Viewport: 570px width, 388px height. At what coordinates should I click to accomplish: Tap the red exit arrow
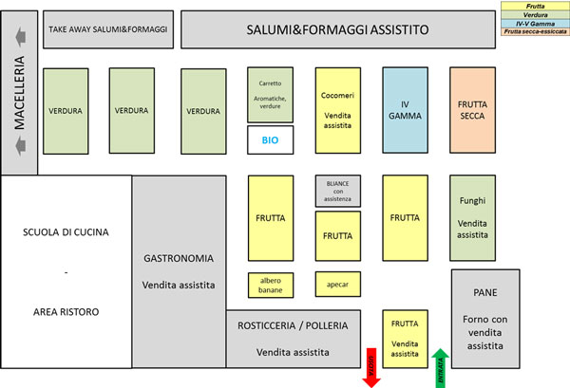click(x=371, y=368)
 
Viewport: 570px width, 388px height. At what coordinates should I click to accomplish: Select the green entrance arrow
click(x=440, y=367)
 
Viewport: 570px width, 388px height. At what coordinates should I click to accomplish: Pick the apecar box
click(x=338, y=284)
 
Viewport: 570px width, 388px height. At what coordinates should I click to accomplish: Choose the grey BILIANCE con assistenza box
click(x=338, y=191)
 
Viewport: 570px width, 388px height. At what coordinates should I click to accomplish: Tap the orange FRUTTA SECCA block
click(x=472, y=107)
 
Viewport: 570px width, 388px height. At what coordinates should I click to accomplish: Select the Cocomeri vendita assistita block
click(x=338, y=107)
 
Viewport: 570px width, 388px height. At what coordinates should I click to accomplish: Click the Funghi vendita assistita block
click(x=472, y=217)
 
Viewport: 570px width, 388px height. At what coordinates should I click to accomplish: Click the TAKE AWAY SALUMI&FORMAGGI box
click(x=107, y=30)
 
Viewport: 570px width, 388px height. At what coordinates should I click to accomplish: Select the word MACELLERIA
click(x=18, y=94)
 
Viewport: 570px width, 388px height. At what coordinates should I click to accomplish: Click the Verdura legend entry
click(x=535, y=15)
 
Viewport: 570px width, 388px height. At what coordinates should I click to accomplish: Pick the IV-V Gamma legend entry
click(x=535, y=24)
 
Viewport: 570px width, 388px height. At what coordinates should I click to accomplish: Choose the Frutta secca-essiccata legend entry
click(x=535, y=32)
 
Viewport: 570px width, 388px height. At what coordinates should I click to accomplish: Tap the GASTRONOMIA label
click(x=179, y=258)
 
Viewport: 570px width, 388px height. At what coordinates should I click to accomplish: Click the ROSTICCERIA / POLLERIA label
click(x=293, y=325)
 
